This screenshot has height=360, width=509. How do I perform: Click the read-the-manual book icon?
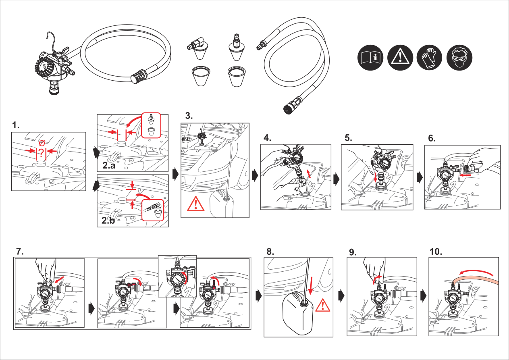click(x=370, y=58)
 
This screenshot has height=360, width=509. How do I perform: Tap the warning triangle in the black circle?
click(x=400, y=58)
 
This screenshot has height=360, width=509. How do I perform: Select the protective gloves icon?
click(x=430, y=58)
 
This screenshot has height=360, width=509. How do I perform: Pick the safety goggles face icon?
click(x=459, y=58)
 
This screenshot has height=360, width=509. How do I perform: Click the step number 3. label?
click(x=189, y=116)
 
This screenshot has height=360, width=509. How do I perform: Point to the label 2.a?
click(x=109, y=165)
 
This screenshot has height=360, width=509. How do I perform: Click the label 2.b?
click(x=108, y=221)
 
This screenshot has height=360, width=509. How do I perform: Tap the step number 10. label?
click(x=436, y=252)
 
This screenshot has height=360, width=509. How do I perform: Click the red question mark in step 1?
click(x=41, y=153)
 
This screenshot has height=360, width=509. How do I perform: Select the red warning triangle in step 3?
click(x=195, y=204)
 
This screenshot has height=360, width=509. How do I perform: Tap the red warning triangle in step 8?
click(x=323, y=305)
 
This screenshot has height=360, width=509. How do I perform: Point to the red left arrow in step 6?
click(x=465, y=175)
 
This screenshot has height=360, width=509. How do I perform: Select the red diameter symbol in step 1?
click(x=42, y=143)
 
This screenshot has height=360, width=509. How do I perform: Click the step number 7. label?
click(x=20, y=252)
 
